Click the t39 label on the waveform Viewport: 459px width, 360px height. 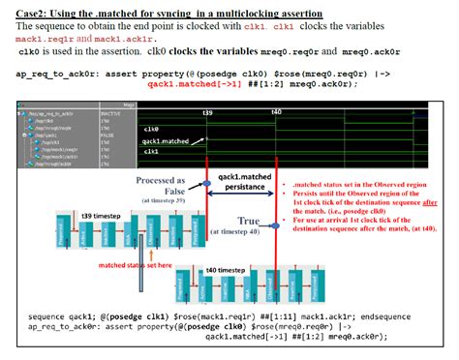[207, 112]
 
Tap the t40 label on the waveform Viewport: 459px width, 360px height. [277, 112]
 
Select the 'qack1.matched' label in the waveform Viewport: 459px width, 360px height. [166, 140]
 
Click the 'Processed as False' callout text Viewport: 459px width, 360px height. [160, 185]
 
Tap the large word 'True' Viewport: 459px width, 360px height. [249, 221]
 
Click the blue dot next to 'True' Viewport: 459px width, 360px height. [276, 221]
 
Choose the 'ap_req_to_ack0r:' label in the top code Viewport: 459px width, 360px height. [50, 75]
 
